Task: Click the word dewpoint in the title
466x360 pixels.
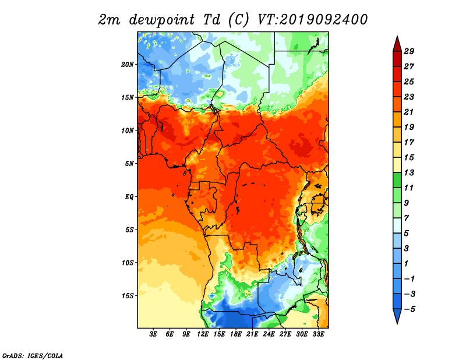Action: pos(162,20)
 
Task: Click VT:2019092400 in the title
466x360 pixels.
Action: pos(313,20)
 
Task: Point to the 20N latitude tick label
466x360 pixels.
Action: pos(128,64)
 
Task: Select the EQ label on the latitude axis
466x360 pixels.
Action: pos(129,197)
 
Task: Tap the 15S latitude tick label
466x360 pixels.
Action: pos(128,296)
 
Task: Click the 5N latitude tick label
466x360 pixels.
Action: pos(129,164)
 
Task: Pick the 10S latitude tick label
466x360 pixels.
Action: pos(128,263)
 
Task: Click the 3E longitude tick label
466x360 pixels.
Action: pos(153,334)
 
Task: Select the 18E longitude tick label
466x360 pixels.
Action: pos(236,334)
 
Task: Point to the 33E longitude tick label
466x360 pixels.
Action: pos(318,334)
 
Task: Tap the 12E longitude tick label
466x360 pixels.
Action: pos(203,334)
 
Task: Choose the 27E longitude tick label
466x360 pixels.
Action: pos(285,334)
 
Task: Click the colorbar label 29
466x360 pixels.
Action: pos(409,51)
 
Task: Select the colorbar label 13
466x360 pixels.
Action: pos(409,172)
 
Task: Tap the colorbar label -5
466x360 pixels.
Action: pos(409,309)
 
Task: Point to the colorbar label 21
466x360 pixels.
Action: pos(409,112)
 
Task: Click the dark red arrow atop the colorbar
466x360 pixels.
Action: pos(397,44)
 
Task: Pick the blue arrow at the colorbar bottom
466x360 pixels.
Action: pos(397,316)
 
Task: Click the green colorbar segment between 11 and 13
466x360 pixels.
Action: pos(397,181)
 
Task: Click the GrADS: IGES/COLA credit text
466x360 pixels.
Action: pos(33,355)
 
